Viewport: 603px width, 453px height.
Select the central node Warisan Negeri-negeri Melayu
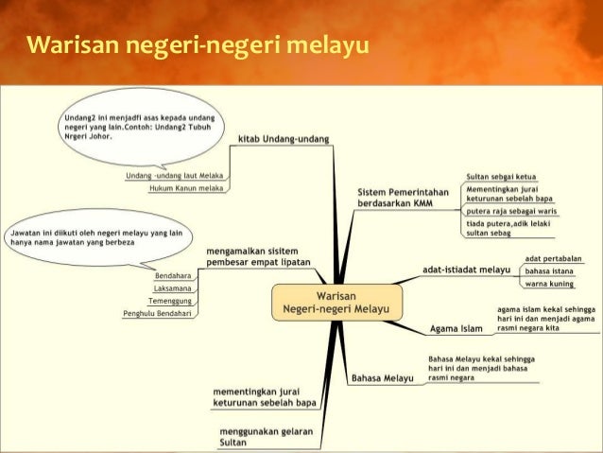tap(337, 301)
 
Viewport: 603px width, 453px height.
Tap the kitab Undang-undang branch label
tap(284, 138)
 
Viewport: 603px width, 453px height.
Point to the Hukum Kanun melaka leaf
tap(186, 189)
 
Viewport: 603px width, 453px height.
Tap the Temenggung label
tap(171, 300)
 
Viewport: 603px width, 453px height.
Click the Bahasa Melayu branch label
tap(384, 378)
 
